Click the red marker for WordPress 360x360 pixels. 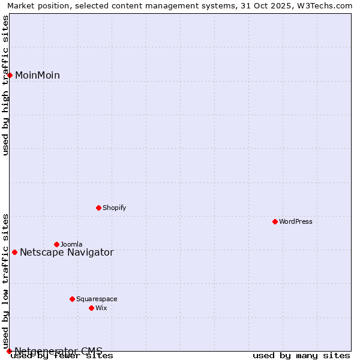click(x=275, y=221)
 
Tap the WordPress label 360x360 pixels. click(x=296, y=221)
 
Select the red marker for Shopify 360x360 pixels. click(x=99, y=208)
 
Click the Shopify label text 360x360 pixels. click(x=115, y=208)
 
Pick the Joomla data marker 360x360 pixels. click(x=57, y=244)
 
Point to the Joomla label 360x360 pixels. click(x=71, y=244)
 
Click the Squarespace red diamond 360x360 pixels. click(x=73, y=299)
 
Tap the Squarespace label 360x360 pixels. click(x=97, y=299)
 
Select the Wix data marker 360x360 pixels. click(x=92, y=308)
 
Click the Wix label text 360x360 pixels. click(x=101, y=308)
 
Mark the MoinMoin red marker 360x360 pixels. click(x=10, y=75)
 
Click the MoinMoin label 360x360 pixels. click(x=37, y=75)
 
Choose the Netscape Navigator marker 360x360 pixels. click(x=15, y=252)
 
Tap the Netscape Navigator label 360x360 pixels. click(x=67, y=252)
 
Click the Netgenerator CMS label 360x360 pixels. click(x=58, y=350)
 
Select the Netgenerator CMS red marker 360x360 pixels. click(x=10, y=351)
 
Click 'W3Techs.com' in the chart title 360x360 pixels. click(x=328, y=5)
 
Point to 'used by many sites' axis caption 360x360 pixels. click(x=301, y=356)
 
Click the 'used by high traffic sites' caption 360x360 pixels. click(x=5, y=85)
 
